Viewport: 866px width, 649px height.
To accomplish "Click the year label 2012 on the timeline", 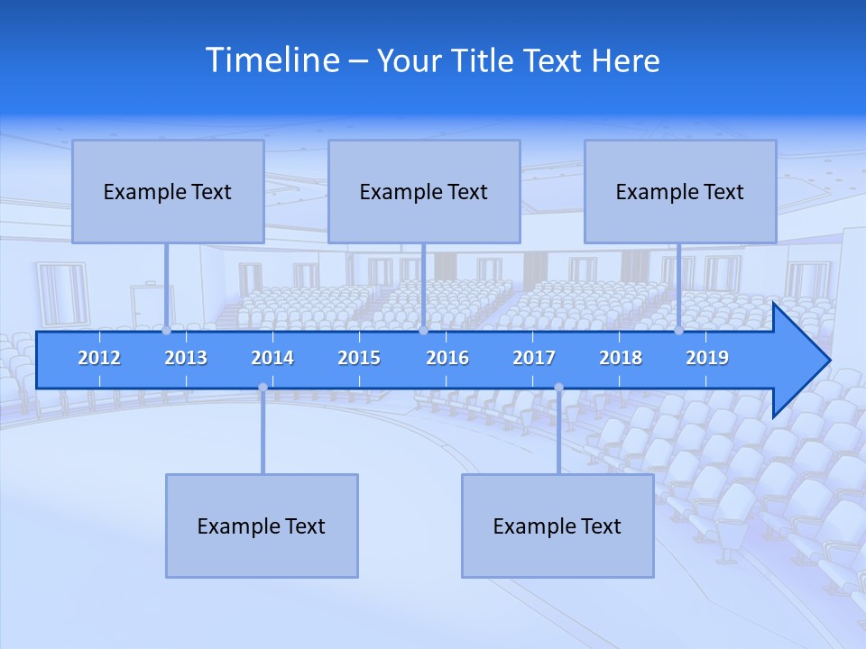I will (99, 358).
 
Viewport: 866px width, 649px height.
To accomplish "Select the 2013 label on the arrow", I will (186, 358).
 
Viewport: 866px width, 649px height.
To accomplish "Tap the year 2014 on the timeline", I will (272, 358).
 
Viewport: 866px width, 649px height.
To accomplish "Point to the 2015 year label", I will (359, 358).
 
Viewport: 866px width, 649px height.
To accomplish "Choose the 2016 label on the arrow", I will (447, 358).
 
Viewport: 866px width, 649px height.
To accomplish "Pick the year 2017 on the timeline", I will (534, 358).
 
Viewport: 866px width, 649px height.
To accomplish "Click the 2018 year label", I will (621, 358).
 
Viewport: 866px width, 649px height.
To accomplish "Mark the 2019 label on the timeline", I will (707, 358).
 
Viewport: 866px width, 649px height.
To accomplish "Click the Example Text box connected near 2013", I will (168, 191).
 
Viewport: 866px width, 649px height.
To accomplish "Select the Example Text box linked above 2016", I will (424, 191).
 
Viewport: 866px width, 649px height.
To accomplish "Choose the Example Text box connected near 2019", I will (680, 191).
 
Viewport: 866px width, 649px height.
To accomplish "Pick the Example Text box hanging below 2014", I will (262, 526).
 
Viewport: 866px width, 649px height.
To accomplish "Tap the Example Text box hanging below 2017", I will (557, 526).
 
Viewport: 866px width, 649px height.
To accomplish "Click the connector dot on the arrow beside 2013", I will (166, 331).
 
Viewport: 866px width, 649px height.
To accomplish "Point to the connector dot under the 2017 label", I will (558, 388).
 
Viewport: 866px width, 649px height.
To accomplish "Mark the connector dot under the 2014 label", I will (263, 388).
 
